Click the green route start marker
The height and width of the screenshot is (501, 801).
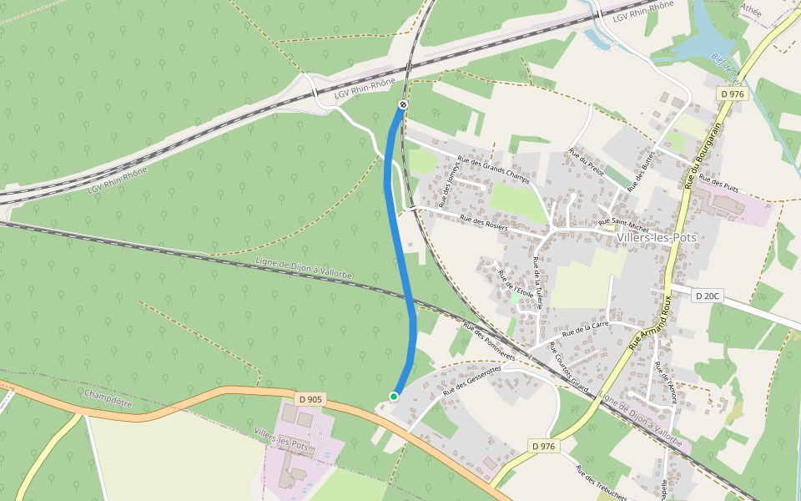393,396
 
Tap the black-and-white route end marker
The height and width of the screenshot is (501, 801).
402,104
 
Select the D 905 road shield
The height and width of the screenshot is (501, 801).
309,399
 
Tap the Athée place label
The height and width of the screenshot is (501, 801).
752,10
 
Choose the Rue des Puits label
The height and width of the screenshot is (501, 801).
718,180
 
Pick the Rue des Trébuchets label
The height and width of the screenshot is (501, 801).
593,482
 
